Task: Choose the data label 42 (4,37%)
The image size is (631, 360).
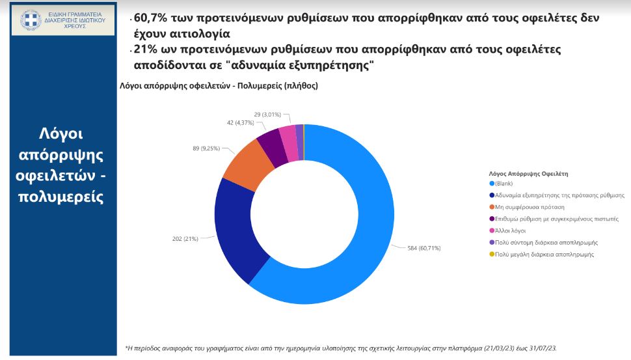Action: click(x=241, y=122)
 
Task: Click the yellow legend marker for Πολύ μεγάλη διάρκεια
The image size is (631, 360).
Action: click(x=492, y=255)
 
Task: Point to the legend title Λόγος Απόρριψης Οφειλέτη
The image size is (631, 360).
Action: click(x=528, y=174)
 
